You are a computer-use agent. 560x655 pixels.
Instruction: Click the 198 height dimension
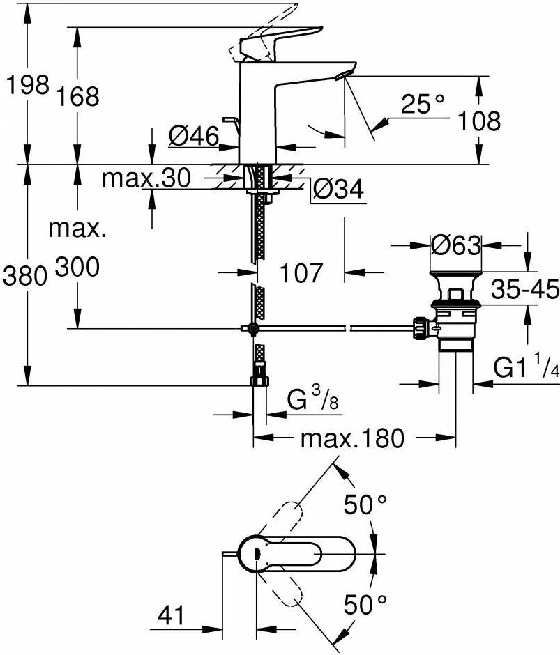28,85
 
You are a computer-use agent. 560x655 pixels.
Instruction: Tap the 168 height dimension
78,96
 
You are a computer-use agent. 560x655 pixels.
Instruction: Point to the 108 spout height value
479,121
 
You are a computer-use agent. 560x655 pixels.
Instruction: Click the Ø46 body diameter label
194,135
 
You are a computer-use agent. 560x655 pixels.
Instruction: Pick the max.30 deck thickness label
146,178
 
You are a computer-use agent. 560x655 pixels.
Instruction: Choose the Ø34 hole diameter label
339,190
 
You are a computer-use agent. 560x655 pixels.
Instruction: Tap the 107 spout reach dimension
301,272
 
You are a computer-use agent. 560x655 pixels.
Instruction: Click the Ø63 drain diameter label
456,245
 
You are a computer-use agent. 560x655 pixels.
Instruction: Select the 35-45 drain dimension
525,289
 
